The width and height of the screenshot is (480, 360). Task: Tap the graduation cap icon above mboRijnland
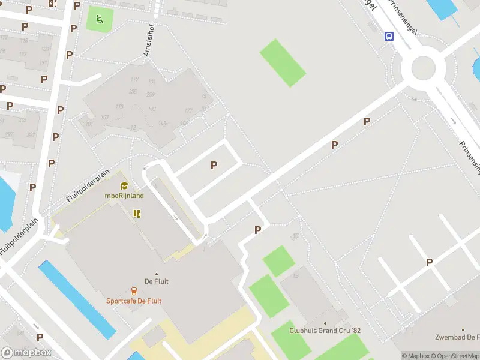pos(124,186)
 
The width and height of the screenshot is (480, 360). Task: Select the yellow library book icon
pos(137,214)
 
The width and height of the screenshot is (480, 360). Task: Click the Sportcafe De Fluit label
pos(134,301)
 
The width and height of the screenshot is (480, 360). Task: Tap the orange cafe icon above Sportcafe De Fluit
pos(134,291)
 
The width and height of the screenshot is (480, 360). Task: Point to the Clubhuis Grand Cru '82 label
pos(325,331)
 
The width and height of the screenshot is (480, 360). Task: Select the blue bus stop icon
pos(389,36)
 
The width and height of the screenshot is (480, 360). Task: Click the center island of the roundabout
pos(423,68)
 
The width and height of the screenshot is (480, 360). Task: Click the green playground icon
pos(100,18)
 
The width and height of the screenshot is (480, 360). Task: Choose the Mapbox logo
pos(26,352)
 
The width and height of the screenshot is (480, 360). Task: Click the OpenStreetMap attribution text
pos(454,356)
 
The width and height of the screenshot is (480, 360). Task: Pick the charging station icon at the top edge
pos(53,3)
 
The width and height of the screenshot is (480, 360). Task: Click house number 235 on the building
pos(133,92)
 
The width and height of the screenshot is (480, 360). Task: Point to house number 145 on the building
pos(161,124)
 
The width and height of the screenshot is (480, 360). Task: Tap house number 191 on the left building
pos(43,62)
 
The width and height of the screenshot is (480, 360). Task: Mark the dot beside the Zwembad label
pos(463,330)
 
